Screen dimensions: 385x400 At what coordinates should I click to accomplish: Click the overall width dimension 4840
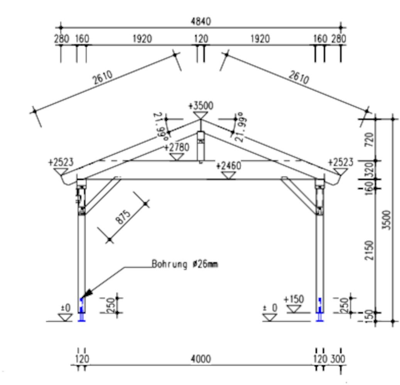coord(201,22)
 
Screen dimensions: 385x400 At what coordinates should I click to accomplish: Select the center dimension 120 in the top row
coord(201,39)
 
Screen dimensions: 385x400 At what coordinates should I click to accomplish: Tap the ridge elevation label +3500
coord(201,105)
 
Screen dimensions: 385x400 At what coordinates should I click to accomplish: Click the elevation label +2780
coord(176,147)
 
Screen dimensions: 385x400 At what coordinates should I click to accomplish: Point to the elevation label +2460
coord(228,166)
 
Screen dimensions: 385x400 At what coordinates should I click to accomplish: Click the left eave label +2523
coord(61,162)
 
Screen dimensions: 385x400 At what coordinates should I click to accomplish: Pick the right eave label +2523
coord(340,162)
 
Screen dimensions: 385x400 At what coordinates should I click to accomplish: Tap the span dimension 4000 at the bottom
coord(201,359)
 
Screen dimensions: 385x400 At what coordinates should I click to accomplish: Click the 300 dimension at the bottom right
coord(338,359)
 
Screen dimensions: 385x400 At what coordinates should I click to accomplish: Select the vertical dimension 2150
coord(370,250)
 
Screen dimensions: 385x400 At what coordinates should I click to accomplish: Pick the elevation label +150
coord(294,299)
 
